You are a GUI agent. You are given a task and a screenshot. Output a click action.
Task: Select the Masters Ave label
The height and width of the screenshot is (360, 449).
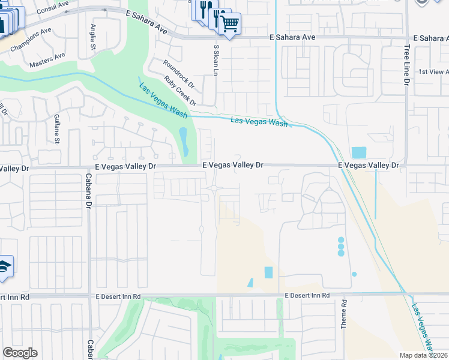click(x=47, y=59)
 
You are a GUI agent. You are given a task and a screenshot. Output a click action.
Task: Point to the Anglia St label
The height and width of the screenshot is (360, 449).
click(x=94, y=37)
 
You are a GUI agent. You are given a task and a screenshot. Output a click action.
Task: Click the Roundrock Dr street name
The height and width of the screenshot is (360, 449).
click(x=178, y=71)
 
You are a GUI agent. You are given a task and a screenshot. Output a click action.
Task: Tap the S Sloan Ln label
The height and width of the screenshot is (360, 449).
click(x=215, y=59)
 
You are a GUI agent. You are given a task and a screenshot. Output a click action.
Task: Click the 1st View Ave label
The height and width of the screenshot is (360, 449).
click(x=433, y=71)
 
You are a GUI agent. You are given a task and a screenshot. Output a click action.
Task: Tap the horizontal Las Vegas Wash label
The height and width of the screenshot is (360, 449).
click(x=259, y=122)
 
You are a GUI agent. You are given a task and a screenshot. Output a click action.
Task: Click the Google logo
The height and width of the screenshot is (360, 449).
click(x=20, y=353)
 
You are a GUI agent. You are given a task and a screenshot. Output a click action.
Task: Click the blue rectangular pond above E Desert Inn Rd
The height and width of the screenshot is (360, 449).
click(x=268, y=272)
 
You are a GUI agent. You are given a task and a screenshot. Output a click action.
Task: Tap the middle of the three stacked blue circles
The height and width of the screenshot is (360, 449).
click(x=341, y=246)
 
